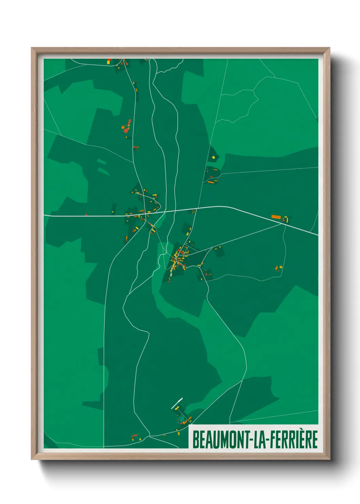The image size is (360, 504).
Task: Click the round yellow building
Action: [213, 157]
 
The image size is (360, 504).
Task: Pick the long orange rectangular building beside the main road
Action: [275, 217]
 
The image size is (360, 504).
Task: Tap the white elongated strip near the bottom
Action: [177, 403]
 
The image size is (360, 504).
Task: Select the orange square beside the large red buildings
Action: [123, 127]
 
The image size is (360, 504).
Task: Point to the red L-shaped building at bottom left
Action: [135, 437]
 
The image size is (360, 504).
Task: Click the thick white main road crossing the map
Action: [102, 216]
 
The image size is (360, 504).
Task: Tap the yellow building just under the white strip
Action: [177, 408]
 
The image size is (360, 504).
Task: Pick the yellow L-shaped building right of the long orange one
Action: [286, 219]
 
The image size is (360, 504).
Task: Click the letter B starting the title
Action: [196, 439]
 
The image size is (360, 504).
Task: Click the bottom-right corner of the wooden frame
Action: [329, 459]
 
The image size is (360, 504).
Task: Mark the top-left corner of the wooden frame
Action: [32, 48]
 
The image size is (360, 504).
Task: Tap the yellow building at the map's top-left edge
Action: [109, 61]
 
